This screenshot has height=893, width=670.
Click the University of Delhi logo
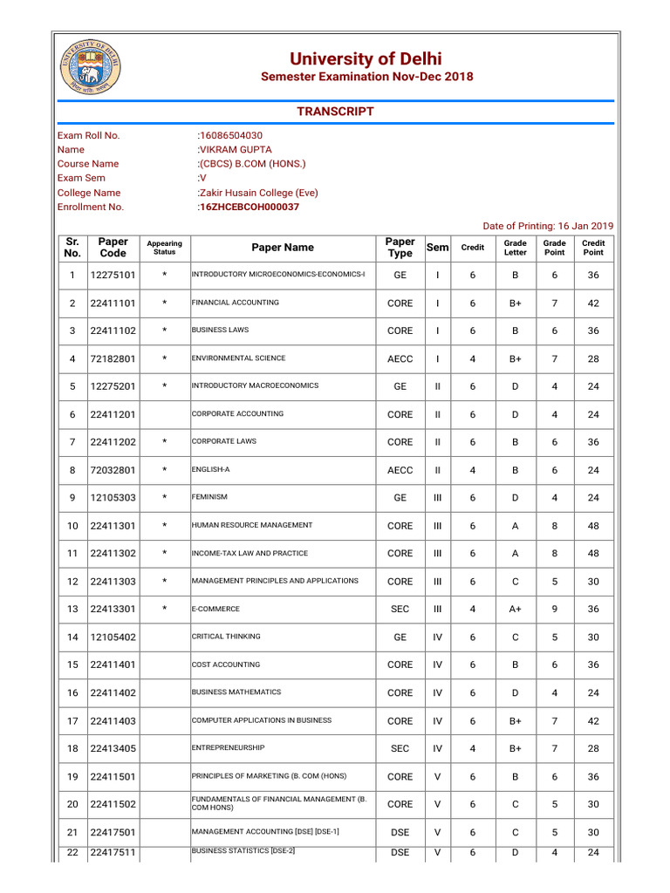[90, 70]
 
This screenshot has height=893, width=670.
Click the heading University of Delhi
[366, 58]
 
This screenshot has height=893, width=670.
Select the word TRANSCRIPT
[335, 112]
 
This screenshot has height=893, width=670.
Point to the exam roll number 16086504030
[231, 135]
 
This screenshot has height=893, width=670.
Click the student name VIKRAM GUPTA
[236, 149]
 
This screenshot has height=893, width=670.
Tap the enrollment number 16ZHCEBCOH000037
[250, 207]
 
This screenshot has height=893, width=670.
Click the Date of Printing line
[548, 226]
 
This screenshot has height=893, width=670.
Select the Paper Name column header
[283, 248]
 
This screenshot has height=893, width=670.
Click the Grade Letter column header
[515, 248]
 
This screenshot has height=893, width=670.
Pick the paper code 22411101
[113, 303]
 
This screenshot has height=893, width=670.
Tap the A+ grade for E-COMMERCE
[515, 610]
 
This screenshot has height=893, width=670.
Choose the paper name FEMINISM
[209, 497]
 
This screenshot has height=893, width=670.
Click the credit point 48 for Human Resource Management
[593, 526]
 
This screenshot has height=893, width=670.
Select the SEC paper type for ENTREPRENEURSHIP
[400, 749]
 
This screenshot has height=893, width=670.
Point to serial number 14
[72, 637]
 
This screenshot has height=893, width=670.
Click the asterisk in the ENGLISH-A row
[164, 470]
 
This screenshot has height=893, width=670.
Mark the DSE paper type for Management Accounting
[400, 833]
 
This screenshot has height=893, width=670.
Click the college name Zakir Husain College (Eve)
[259, 193]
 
